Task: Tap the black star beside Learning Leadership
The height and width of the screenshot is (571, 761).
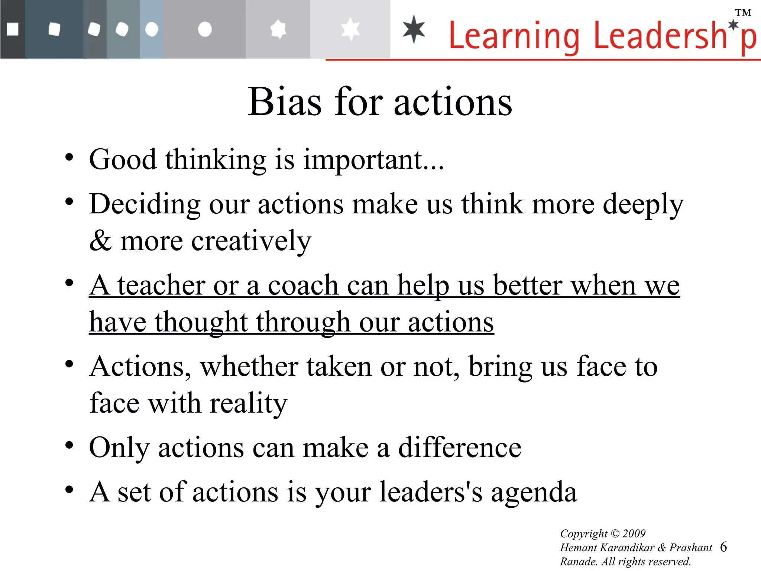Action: tap(414, 29)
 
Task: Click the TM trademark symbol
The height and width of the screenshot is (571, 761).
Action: tap(743, 13)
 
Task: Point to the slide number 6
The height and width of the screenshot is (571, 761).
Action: tap(723, 547)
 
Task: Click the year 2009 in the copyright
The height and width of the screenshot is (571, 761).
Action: tap(634, 533)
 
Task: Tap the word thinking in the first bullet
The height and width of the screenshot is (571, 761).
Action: tap(216, 160)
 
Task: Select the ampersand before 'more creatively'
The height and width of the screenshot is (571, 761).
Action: tap(100, 241)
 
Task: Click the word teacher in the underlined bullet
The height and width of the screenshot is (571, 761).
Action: tap(161, 285)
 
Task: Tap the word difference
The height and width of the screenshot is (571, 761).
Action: tap(460, 448)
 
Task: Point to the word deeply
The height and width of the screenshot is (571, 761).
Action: tap(643, 205)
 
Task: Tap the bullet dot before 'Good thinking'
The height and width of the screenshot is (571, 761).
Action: tap(69, 158)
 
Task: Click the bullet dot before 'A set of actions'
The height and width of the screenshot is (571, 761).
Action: tap(69, 490)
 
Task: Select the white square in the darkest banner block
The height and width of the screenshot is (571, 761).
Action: tap(13, 29)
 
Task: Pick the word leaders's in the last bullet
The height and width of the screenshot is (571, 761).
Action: tap(431, 492)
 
